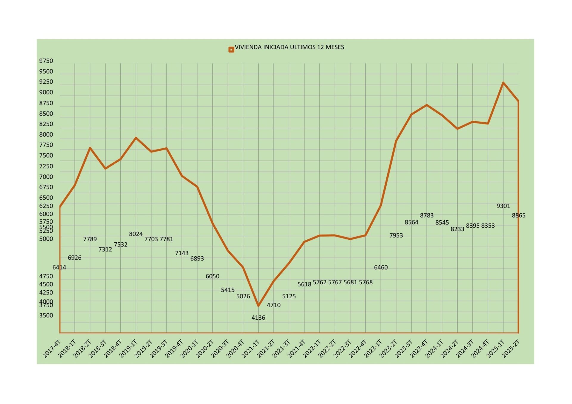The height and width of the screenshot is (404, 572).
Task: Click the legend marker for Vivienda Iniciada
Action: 231,50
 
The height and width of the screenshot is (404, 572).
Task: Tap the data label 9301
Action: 503,206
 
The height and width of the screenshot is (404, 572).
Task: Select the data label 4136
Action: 258,318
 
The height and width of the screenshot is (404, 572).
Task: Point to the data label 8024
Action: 136,234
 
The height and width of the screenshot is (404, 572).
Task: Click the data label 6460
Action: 381,267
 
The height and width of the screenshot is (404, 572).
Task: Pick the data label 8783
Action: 427,215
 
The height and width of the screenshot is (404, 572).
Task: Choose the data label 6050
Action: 212,276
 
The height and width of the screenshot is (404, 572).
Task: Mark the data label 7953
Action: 396,235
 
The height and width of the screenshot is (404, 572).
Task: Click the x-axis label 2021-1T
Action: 251,348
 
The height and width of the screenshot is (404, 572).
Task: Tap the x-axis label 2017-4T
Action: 52,348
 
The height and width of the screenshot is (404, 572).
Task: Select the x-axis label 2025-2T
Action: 511,348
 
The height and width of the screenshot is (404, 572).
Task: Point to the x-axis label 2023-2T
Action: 388,348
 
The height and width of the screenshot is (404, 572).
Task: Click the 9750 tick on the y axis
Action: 46,61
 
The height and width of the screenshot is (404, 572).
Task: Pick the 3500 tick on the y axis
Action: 46,316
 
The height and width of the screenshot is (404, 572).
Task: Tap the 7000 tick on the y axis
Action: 46,177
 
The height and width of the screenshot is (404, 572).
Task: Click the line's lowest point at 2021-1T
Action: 258,306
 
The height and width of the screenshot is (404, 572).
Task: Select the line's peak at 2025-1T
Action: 503,82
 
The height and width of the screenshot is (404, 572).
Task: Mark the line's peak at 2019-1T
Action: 136,138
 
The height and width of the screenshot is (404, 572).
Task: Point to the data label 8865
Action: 518,216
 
